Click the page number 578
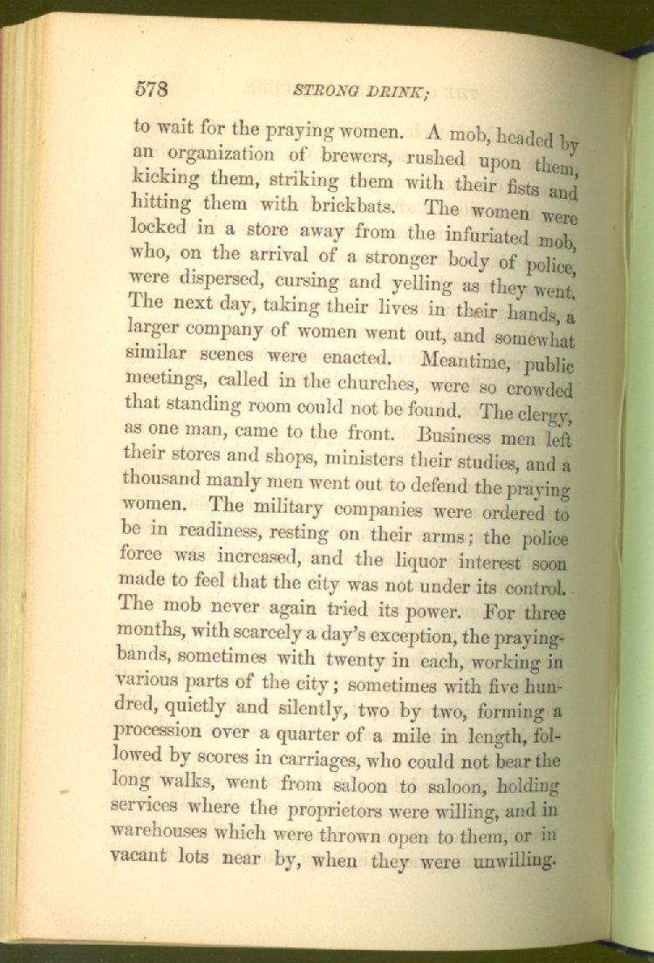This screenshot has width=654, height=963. point(151,89)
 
